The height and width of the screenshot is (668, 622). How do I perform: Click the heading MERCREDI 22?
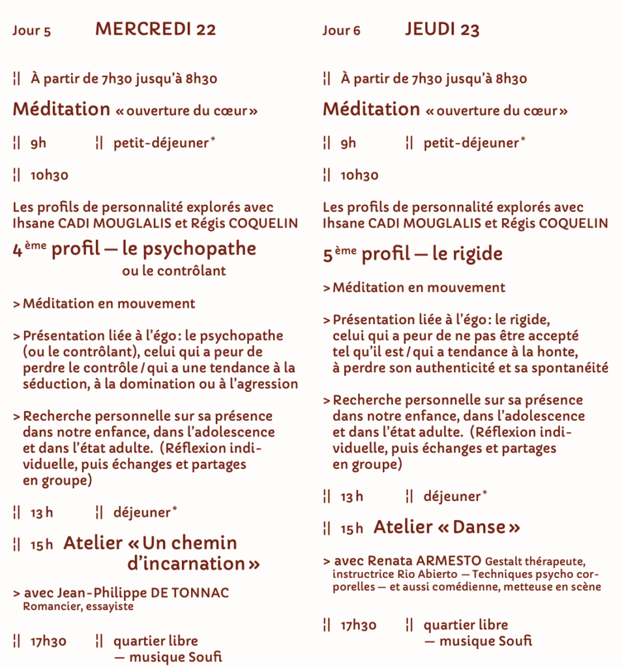tap(155, 29)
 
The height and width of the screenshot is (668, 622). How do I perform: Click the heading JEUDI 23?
tap(442, 29)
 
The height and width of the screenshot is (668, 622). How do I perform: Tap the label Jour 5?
tap(31, 31)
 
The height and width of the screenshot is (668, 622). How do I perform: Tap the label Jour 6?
tap(341, 31)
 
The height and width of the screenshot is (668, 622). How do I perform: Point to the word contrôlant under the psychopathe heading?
tap(191, 271)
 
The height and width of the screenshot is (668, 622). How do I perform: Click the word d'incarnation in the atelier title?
tap(187, 563)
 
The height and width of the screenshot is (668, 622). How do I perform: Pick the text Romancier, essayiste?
tap(78, 607)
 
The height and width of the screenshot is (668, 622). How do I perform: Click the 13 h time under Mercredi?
tap(42, 513)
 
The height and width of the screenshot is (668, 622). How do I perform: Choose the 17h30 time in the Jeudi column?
tap(359, 626)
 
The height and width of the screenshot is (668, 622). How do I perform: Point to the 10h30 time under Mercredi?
tap(49, 175)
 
